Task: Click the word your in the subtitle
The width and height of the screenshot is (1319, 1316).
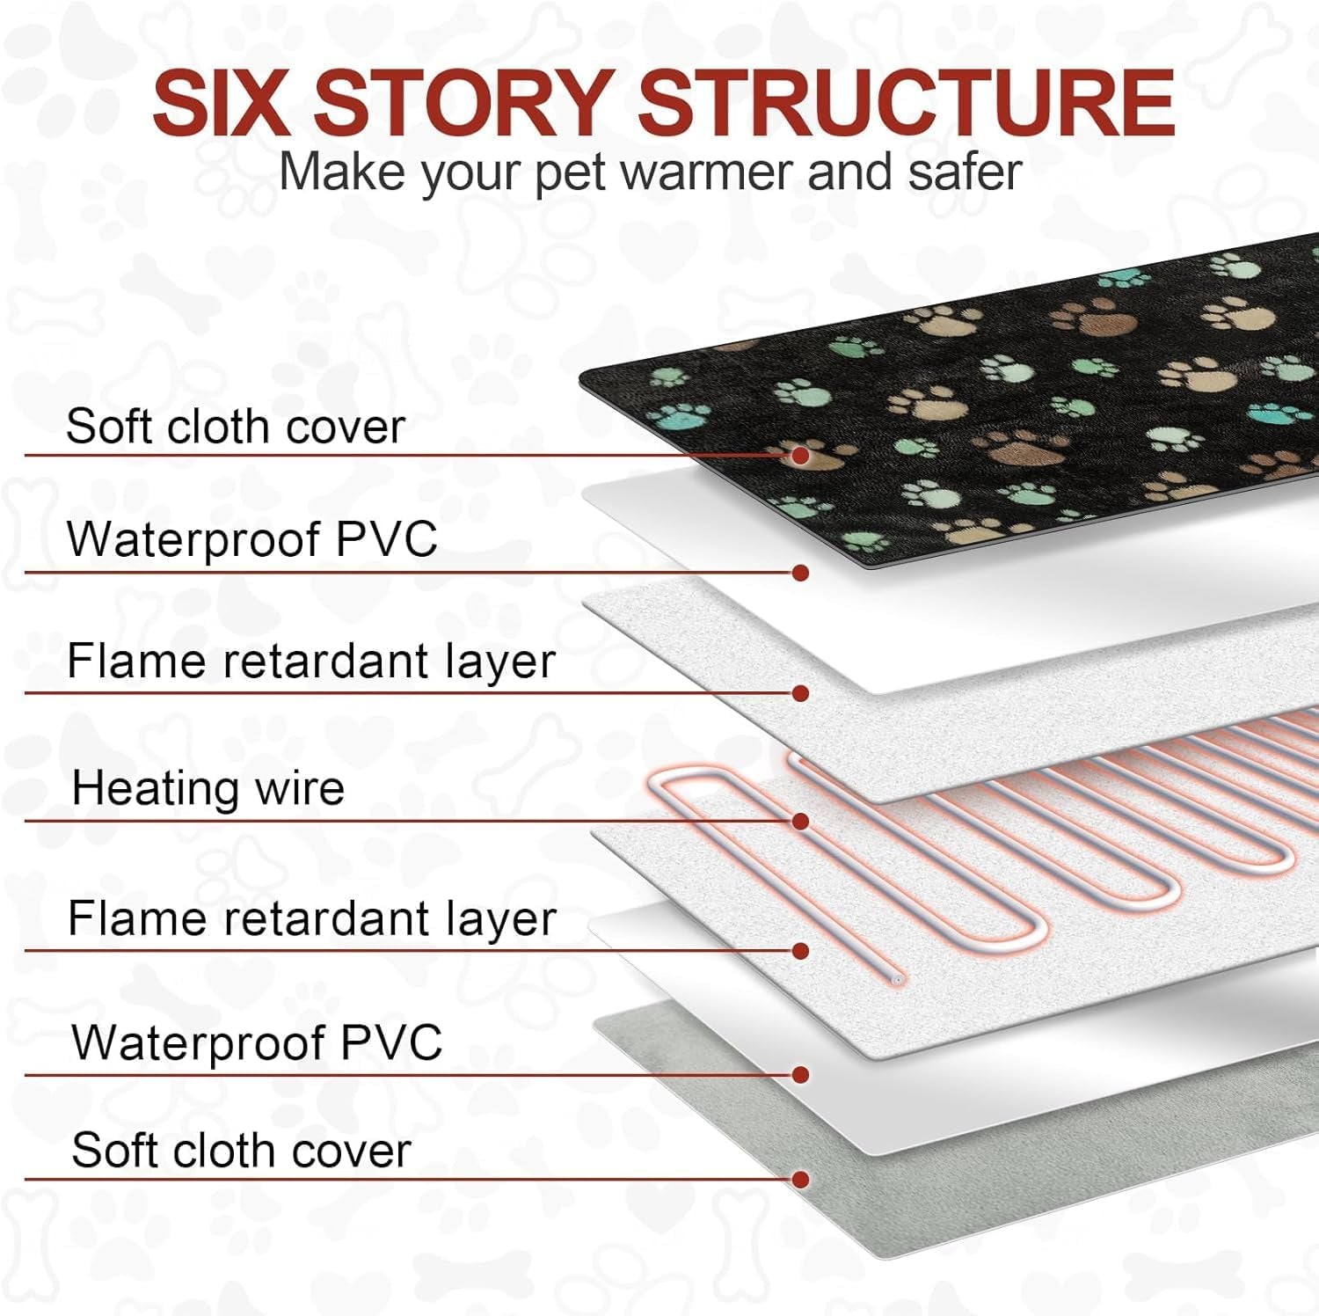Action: click(470, 173)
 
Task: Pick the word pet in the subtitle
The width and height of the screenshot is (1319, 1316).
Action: click(571, 173)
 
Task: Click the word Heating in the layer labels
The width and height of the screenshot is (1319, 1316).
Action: click(155, 788)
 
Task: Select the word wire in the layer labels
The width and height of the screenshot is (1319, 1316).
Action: click(300, 788)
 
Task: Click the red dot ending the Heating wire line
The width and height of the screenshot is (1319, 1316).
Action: click(800, 821)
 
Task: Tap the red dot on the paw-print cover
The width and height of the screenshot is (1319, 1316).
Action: click(800, 455)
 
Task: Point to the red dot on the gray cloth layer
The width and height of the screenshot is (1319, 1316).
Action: click(800, 1180)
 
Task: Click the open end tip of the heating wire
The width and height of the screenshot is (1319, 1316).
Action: click(897, 979)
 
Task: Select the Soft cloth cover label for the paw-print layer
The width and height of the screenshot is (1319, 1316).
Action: click(235, 427)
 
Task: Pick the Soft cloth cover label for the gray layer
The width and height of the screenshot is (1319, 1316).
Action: click(241, 1151)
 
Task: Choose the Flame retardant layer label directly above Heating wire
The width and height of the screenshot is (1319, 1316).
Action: click(310, 662)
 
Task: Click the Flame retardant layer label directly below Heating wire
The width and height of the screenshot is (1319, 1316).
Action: click(311, 919)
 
